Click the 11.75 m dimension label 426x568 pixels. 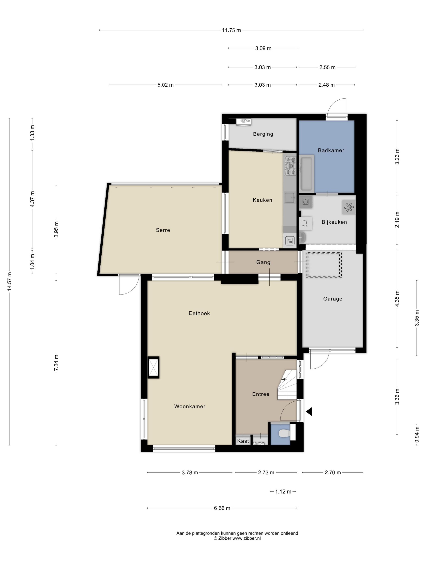(x=231, y=30)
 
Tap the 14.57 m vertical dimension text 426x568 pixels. (x=10, y=281)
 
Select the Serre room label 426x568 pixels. (x=163, y=230)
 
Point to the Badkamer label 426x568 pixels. (x=331, y=151)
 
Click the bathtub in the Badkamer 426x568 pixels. (x=306, y=174)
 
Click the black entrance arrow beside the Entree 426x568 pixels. (x=309, y=411)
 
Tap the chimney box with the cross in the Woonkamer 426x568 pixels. (x=154, y=367)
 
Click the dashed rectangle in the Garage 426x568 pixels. (x=324, y=265)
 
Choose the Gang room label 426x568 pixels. (x=263, y=262)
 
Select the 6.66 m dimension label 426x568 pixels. (x=222, y=508)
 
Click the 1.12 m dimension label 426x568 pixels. (x=283, y=492)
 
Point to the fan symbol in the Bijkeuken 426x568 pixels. (x=349, y=207)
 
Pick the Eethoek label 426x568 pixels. (x=199, y=313)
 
